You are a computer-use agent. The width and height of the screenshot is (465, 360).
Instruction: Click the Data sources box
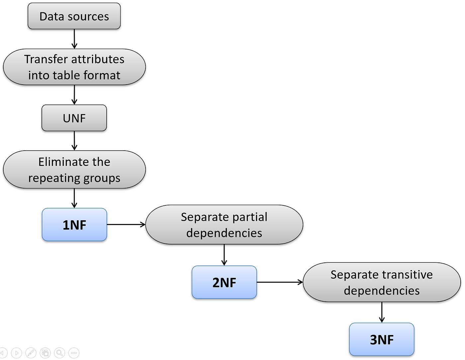pos(74,16)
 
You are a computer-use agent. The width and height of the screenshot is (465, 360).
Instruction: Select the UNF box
pos(74,118)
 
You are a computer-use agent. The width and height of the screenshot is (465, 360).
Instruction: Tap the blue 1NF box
pos(74,225)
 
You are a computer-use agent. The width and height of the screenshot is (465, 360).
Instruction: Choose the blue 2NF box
pos(224,282)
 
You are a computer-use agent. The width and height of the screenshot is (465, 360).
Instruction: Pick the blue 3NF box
pos(382,339)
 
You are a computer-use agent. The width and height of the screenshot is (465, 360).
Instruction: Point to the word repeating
pos(54,178)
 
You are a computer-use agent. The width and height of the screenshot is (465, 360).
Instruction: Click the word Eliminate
pos(64,162)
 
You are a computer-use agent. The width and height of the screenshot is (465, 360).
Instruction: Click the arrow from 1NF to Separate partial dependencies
pos(126,225)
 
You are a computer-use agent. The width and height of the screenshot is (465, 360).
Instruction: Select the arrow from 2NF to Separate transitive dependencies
pos(280,282)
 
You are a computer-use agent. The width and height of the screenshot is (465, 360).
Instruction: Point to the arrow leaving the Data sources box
pos(74,39)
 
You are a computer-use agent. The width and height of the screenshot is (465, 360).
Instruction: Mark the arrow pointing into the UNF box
pos(74,95)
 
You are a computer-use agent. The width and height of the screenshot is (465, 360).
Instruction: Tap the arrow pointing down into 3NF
pos(382,312)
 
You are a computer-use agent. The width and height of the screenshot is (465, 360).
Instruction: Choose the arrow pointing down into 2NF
pos(224,255)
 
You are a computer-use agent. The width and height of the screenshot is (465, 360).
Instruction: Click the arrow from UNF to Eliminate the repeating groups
pos(74,141)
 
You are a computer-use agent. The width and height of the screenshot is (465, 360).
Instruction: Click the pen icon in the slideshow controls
pos(31,353)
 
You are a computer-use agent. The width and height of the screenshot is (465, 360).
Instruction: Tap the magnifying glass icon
pos(59,353)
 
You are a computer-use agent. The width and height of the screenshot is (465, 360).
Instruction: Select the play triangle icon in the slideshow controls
pos(17,353)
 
